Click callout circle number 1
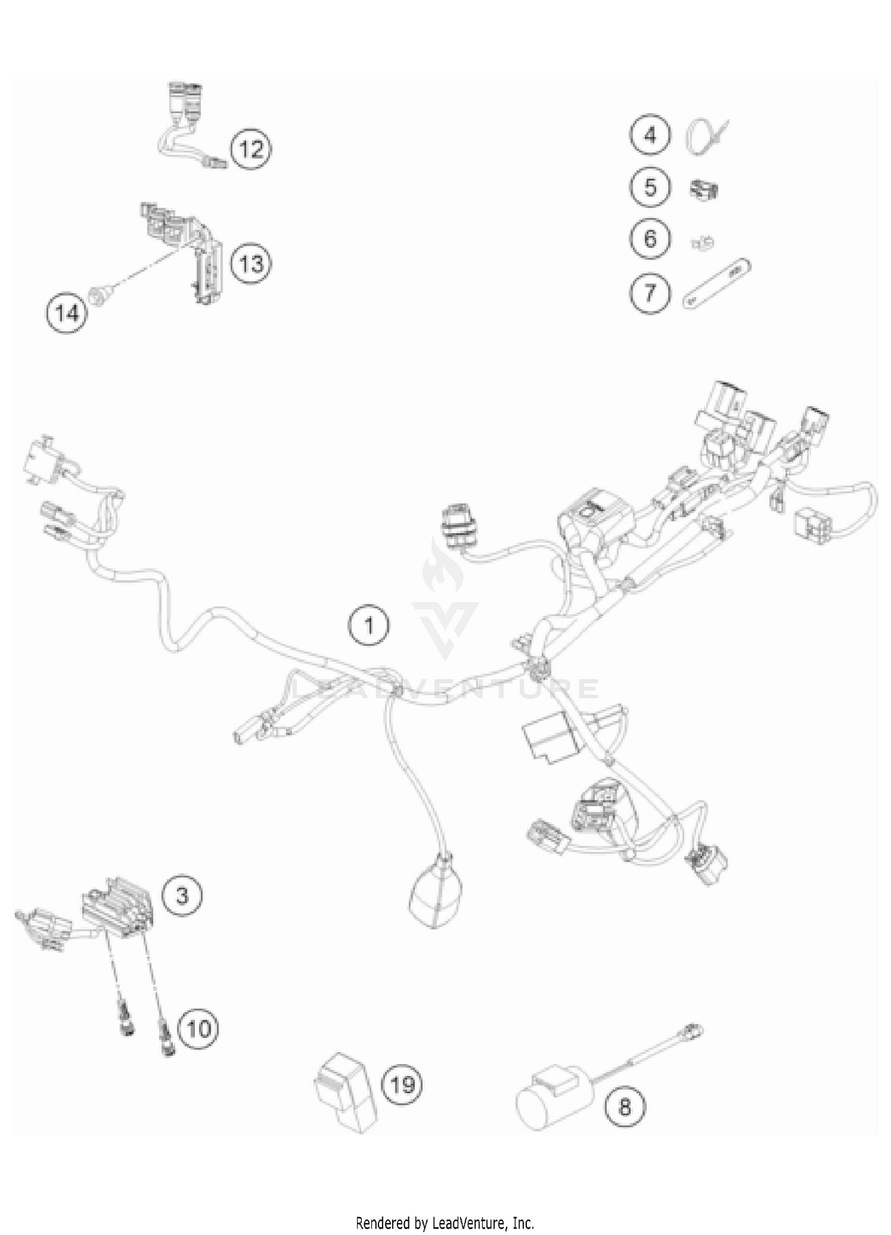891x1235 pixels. tap(369, 625)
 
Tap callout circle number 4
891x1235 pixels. tap(650, 135)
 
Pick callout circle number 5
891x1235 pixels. tap(650, 187)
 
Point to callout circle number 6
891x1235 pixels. tap(650, 239)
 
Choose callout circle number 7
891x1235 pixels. tap(650, 292)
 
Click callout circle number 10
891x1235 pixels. tap(198, 1028)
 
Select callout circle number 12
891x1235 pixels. tap(251, 148)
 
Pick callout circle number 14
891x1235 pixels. tap(67, 312)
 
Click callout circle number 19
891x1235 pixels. tap(402, 1085)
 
